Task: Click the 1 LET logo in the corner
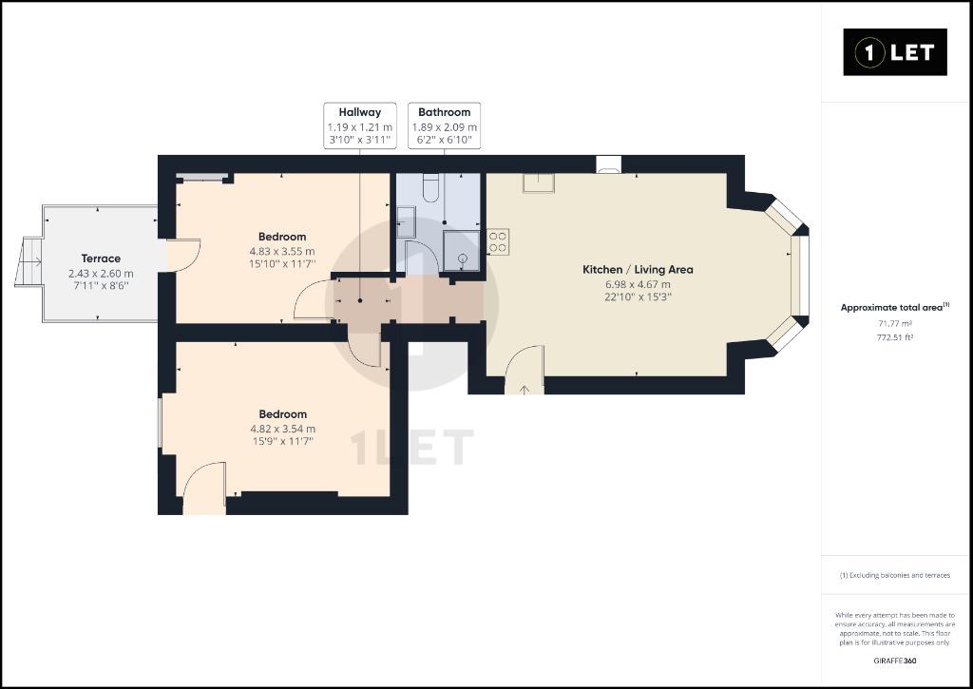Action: click(895, 52)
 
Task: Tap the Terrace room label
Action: click(101, 258)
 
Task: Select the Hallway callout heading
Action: click(360, 112)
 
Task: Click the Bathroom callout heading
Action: click(445, 112)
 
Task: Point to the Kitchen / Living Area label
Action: click(638, 269)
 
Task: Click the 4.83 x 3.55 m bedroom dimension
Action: click(282, 252)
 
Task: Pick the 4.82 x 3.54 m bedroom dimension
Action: click(282, 429)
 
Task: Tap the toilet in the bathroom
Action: click(431, 187)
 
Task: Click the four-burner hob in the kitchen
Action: click(498, 241)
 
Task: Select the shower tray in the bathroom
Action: click(462, 252)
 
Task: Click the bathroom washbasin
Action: click(406, 222)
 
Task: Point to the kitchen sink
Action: click(538, 183)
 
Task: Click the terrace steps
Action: click(29, 261)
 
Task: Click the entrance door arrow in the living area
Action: click(525, 390)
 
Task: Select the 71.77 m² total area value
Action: click(895, 323)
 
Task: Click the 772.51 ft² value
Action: click(895, 337)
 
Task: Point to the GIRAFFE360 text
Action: click(895, 660)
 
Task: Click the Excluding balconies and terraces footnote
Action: click(895, 575)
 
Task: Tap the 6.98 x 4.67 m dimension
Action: click(638, 284)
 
